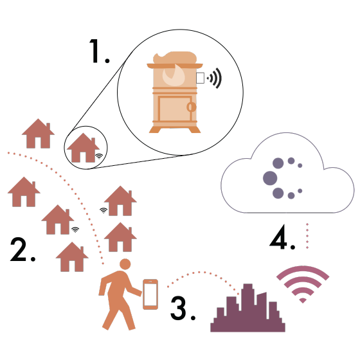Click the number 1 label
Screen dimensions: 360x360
coord(99,51)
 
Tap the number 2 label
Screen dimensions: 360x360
coord(22,250)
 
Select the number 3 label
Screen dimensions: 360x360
coord(183,308)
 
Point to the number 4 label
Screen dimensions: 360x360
coord(282,237)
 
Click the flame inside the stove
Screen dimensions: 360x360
coord(174,75)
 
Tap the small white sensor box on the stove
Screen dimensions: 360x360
coord(200,78)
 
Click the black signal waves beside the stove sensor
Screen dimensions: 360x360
coord(215,78)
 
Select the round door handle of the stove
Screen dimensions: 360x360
coord(192,107)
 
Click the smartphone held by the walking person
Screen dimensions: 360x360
coord(150,294)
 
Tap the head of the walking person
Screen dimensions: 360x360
coord(125,264)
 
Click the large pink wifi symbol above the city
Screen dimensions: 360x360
coord(303,284)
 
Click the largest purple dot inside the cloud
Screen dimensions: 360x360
coord(270,178)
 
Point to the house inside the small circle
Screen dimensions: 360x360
coord(83,148)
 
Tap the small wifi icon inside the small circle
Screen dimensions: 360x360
coord(99,156)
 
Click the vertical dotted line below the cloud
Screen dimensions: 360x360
coord(307,236)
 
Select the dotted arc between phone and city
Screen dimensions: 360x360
coord(199,273)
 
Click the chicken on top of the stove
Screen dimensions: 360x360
coord(175,58)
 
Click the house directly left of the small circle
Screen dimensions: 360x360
coord(38,134)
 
